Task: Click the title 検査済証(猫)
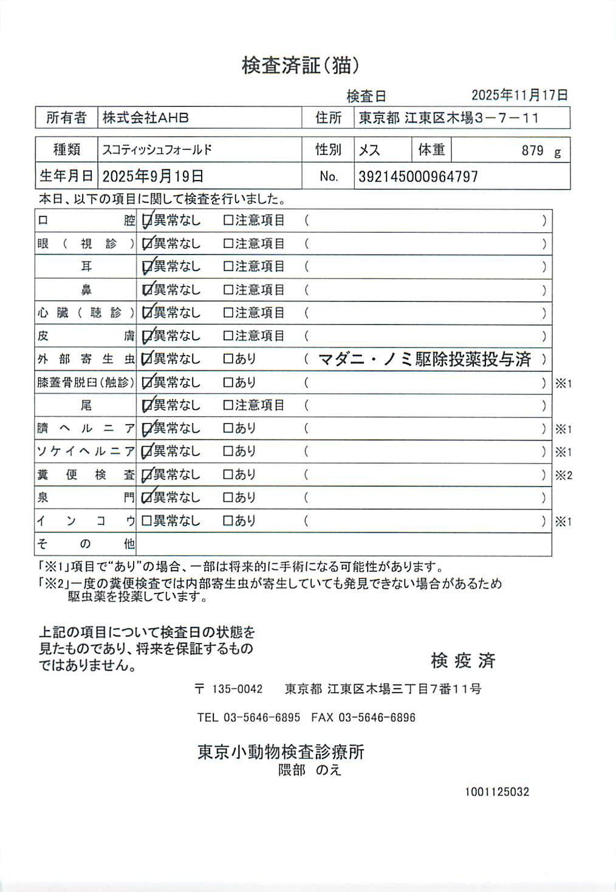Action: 301,65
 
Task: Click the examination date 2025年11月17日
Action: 519,95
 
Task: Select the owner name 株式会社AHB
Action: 145,118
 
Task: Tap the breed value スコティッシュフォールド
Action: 157,149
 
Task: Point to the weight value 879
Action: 532,151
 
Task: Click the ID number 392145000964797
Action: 418,177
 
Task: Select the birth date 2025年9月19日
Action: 152,177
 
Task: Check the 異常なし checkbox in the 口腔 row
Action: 146,221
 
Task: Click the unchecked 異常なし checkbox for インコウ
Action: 146,521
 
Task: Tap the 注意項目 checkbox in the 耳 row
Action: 228,267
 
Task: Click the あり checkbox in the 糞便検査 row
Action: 228,475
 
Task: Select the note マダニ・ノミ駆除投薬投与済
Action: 425,359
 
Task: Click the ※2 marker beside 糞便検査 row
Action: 563,475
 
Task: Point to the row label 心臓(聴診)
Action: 86,313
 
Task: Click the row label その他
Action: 86,544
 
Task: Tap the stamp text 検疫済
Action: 463,660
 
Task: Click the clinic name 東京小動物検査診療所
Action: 281,752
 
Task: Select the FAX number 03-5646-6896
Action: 377,718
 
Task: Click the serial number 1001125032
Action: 497,792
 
